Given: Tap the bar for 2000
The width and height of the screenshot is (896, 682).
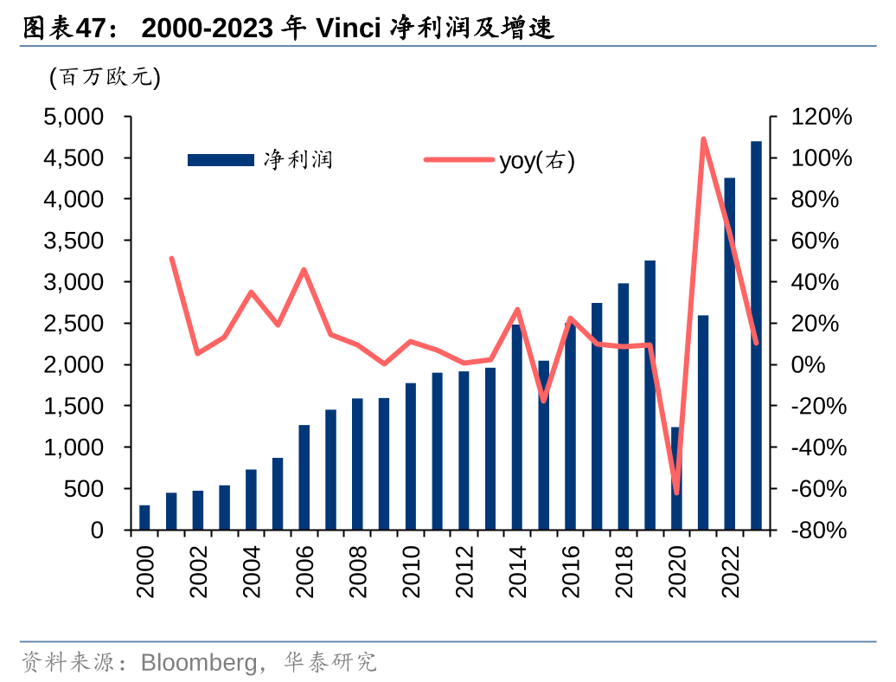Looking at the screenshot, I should click(x=144, y=518).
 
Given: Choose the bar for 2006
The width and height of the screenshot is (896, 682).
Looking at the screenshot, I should click(x=304, y=477).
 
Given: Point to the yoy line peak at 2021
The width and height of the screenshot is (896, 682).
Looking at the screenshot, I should click(x=703, y=139).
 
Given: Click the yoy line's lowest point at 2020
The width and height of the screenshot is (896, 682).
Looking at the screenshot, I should click(x=676, y=492).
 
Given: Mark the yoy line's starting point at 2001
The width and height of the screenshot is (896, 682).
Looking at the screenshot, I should click(x=171, y=259).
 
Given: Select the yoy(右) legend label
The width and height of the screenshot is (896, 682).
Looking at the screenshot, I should click(x=536, y=160).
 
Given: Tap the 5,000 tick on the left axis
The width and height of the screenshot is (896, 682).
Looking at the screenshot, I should click(x=73, y=117).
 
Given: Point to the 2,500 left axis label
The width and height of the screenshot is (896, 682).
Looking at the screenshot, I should click(x=73, y=324).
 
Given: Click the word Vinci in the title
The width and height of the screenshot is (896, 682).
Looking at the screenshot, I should click(x=349, y=29).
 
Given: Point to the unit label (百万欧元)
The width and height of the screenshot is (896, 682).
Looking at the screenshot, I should click(x=105, y=78).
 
